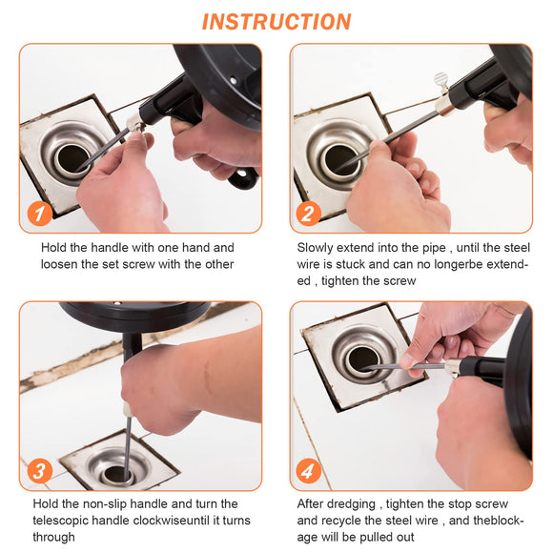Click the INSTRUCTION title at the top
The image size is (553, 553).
coord(276,21)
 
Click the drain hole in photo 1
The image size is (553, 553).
coord(72,159)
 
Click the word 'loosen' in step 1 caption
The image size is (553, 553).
coord(63,264)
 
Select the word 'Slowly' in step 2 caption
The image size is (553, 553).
coord(318,248)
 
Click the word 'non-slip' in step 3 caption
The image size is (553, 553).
coord(119,503)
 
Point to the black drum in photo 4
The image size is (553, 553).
coord(521,381)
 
